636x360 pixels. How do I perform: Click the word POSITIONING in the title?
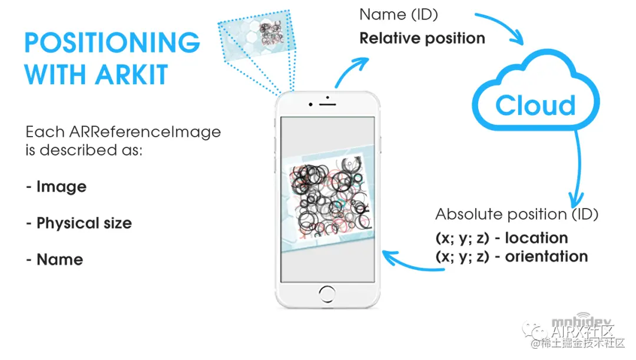click(112, 42)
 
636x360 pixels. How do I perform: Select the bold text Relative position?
click(422, 39)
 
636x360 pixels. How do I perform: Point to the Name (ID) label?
click(399, 14)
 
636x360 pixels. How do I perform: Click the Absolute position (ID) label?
click(516, 214)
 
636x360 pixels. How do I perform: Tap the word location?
click(536, 238)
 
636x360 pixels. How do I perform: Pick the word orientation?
click(546, 257)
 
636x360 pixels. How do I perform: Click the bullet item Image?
click(61, 187)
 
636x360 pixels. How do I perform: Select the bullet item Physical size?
click(84, 223)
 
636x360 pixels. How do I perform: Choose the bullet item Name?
click(59, 260)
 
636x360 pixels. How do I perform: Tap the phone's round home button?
click(328, 292)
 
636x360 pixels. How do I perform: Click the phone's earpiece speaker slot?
click(327, 104)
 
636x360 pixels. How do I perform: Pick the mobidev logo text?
click(574, 322)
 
